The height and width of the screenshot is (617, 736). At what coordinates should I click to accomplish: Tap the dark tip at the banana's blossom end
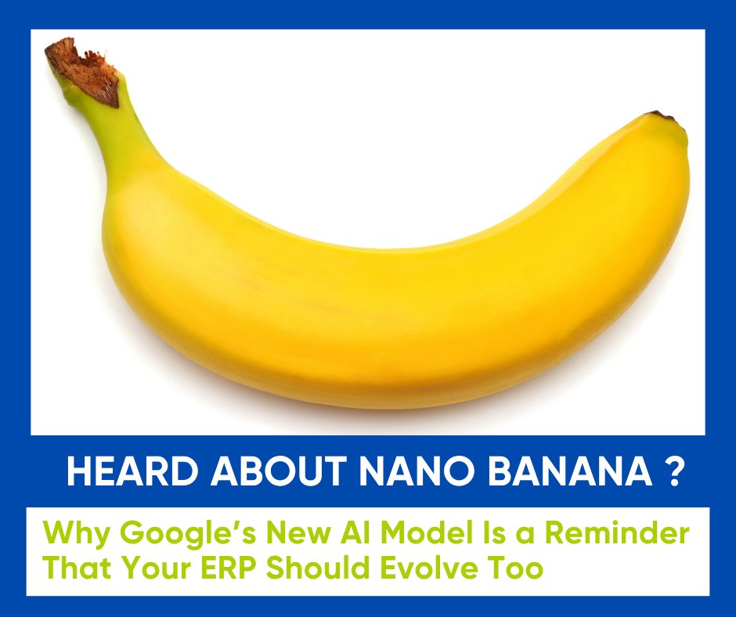tap(662, 116)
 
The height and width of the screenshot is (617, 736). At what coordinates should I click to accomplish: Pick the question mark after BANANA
tap(673, 471)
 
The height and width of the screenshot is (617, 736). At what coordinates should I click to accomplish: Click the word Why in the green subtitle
tap(77, 534)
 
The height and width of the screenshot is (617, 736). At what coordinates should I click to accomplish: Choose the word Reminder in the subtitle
tap(617, 532)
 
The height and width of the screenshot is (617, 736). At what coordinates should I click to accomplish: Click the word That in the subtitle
tap(77, 567)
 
